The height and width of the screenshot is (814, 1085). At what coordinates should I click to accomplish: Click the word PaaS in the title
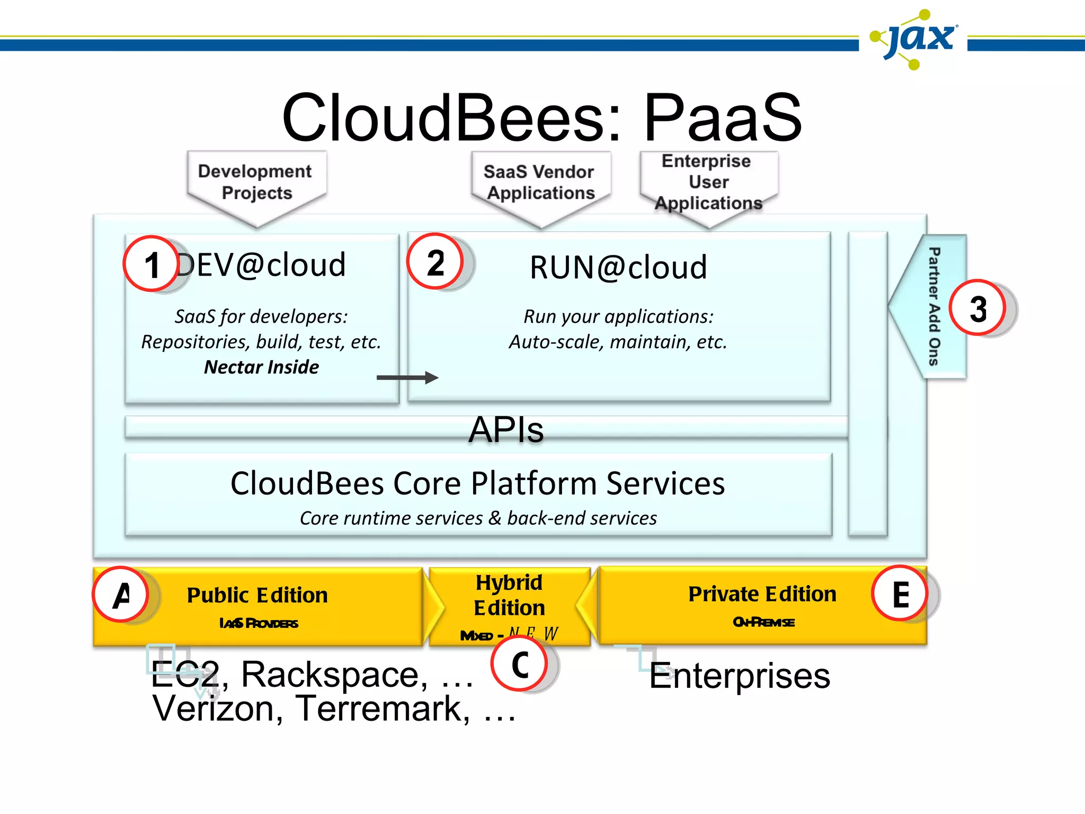[723, 118]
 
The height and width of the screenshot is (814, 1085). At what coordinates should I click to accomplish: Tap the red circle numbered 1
[151, 263]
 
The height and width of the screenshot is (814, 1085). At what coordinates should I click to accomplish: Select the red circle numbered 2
[435, 261]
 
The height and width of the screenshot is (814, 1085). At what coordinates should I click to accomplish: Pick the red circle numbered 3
[977, 308]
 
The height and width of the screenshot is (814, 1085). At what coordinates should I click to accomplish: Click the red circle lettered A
[121, 594]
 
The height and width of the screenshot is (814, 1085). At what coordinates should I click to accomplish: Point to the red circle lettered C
[519, 663]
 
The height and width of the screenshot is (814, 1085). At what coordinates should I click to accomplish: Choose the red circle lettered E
[900, 594]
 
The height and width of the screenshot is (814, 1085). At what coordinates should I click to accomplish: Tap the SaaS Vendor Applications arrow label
[540, 183]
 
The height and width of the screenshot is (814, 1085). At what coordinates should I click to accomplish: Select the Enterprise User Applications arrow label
[708, 182]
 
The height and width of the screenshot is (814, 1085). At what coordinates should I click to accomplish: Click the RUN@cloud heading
[618, 267]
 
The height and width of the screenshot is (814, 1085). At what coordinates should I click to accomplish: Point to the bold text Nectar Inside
[261, 367]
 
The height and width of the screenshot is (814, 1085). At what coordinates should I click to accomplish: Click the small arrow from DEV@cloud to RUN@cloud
[407, 378]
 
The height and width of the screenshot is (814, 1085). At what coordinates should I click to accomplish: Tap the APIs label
[506, 429]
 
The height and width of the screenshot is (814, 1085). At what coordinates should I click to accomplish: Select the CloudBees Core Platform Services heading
[477, 483]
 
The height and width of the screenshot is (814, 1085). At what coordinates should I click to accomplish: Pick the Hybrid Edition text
[509, 595]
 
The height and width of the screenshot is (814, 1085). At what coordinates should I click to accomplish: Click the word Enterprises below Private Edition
[740, 676]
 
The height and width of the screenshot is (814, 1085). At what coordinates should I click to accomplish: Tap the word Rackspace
[335, 675]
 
